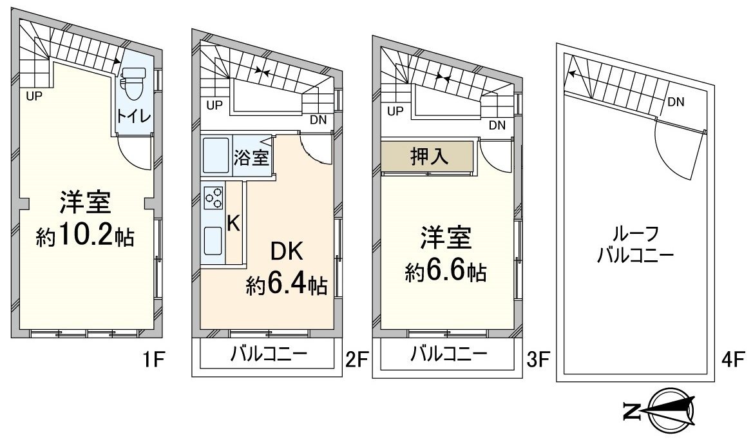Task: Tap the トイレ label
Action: [x=133, y=117]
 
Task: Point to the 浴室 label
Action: [x=251, y=158]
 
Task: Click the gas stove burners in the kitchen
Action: [x=213, y=197]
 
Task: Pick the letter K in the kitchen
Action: [x=234, y=223]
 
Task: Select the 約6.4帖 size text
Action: [x=287, y=284]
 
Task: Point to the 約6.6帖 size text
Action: [x=446, y=272]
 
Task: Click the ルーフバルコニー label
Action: [x=635, y=244]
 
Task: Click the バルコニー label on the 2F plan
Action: [x=268, y=354]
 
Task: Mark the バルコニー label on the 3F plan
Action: [x=449, y=354]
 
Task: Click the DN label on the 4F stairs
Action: [x=676, y=101]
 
